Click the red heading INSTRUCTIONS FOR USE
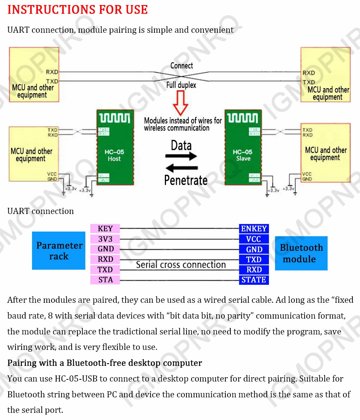click(77, 10)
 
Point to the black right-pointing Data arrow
click(181, 156)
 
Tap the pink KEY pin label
click(105, 229)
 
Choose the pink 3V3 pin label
click(105, 239)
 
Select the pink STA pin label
click(105, 280)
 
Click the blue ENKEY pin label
click(254, 229)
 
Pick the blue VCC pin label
click(254, 239)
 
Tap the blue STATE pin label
click(254, 280)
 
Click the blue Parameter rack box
click(59, 251)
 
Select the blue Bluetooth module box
click(301, 253)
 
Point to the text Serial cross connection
click(181, 265)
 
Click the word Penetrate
click(186, 180)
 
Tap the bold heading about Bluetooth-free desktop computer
click(104, 363)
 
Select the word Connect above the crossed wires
click(181, 66)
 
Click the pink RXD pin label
click(105, 259)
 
